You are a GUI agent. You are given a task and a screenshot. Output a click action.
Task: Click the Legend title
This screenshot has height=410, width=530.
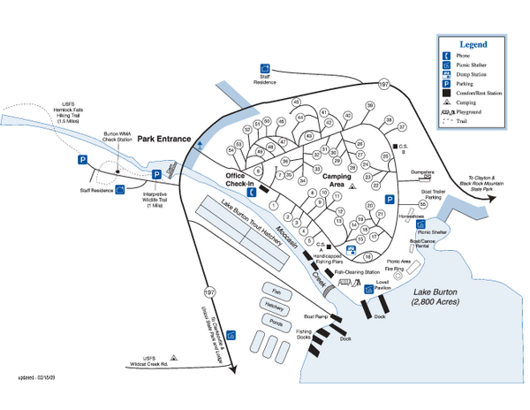(x=473, y=43)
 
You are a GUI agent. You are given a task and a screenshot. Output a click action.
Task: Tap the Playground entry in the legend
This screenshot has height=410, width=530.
(x=477, y=112)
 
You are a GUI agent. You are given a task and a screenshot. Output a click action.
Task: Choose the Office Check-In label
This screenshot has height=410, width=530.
(x=240, y=179)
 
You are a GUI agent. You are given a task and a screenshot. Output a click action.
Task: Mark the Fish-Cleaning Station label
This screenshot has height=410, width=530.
(x=358, y=272)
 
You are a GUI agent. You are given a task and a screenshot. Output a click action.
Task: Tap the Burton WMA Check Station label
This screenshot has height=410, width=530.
(x=117, y=136)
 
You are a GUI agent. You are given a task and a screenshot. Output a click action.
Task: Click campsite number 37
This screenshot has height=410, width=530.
(x=402, y=127)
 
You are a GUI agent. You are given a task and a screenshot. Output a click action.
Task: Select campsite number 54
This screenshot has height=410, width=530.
(x=230, y=151)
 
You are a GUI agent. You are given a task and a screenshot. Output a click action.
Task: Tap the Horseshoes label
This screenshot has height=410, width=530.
(x=412, y=215)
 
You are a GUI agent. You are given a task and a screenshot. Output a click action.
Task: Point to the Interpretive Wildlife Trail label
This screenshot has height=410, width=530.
(x=155, y=199)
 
